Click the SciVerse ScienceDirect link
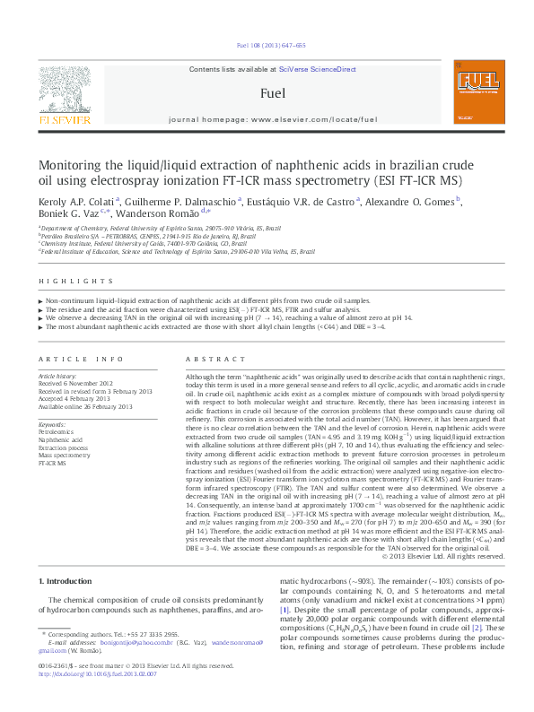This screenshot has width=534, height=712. click(x=317, y=69)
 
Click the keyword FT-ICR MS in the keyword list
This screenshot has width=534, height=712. click(x=52, y=464)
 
